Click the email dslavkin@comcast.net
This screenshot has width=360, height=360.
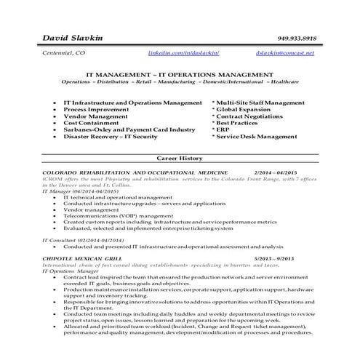285,54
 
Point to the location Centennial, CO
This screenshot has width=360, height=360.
64,54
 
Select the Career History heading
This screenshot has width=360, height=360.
180,157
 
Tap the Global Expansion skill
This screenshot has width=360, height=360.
244,110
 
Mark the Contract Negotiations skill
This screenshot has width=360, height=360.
251,116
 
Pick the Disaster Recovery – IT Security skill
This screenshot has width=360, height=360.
111,136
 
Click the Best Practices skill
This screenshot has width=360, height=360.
239,123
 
